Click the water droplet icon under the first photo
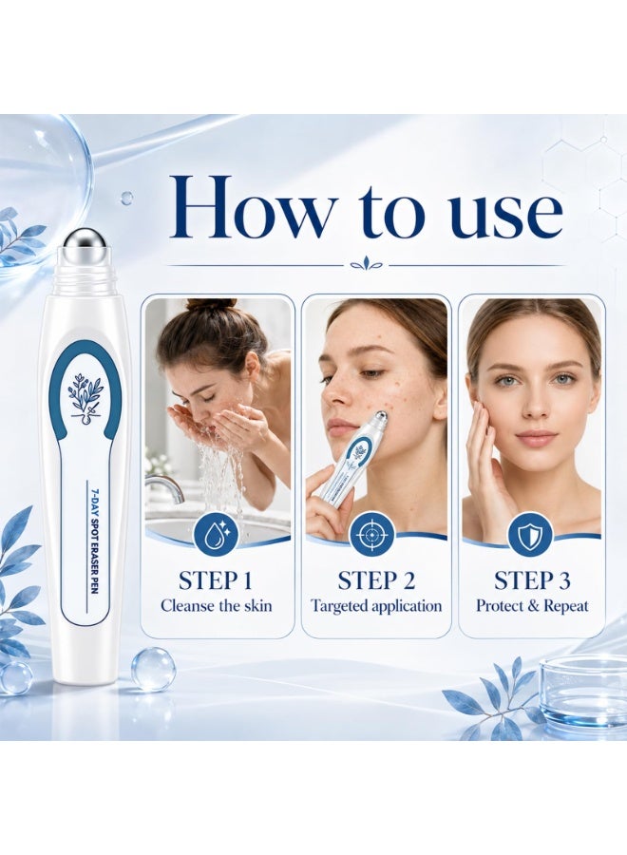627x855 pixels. (x=218, y=535)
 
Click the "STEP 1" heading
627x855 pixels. (x=216, y=580)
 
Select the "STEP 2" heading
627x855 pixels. (x=376, y=580)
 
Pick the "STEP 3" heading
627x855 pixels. (x=532, y=580)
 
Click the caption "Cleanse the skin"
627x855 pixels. (x=217, y=606)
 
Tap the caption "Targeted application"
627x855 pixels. (x=376, y=606)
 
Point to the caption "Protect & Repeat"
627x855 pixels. (x=532, y=606)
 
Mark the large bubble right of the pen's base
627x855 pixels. (x=153, y=669)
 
